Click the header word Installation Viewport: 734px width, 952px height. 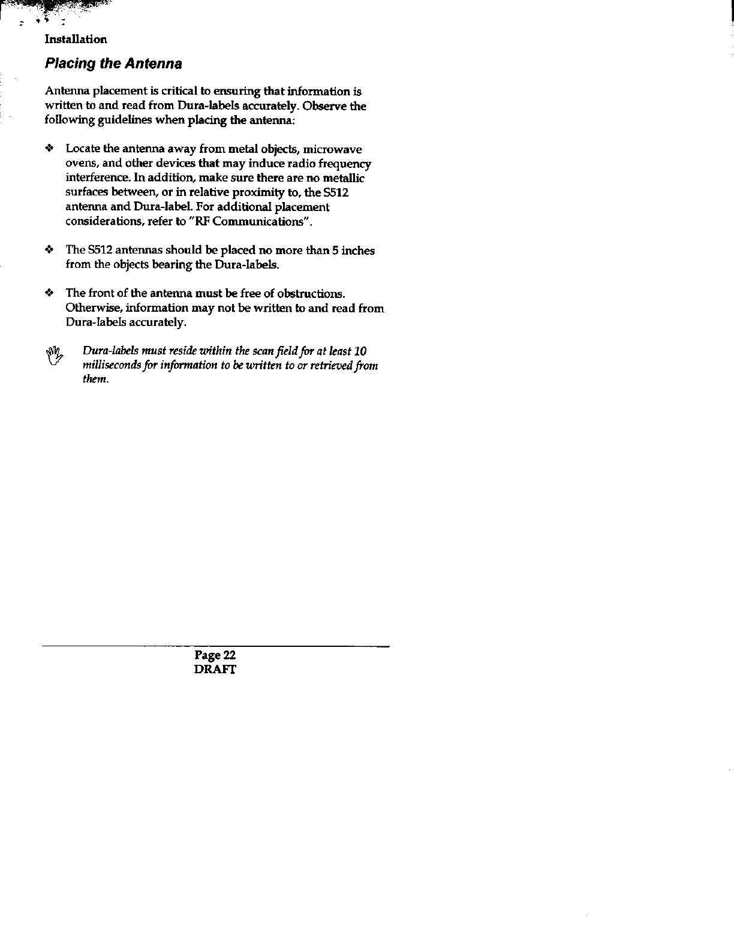coord(76,40)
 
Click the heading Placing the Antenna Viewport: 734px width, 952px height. coord(113,64)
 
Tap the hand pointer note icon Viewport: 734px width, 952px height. coord(55,356)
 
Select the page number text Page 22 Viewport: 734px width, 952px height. coord(215,656)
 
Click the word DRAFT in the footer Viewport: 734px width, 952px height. coord(215,670)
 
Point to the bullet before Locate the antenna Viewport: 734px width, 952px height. coord(50,149)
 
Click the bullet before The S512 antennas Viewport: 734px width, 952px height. coord(50,250)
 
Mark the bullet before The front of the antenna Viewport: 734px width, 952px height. coord(50,293)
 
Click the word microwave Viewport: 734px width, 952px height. coord(333,149)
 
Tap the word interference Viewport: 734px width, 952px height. coord(94,178)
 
